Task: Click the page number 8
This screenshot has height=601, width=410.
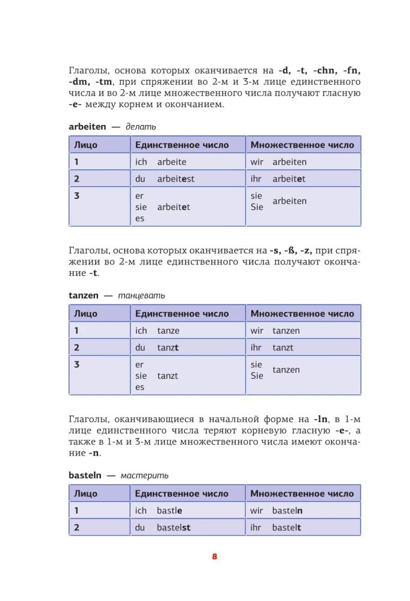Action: pos(214,556)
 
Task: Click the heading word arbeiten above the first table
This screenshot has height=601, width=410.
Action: pos(87,127)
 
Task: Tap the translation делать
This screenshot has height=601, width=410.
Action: pos(141,127)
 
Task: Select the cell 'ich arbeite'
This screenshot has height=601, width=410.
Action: pos(188,162)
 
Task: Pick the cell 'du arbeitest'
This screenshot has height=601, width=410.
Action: pos(188,178)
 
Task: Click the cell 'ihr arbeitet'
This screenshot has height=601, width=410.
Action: pos(303,178)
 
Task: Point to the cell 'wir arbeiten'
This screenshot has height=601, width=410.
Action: pos(303,162)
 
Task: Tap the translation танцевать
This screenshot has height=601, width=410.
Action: pos(141,296)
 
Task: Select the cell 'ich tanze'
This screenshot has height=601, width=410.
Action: pos(188,331)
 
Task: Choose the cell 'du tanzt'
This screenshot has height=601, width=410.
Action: pos(188,347)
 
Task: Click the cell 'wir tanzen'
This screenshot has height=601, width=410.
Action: pos(303,331)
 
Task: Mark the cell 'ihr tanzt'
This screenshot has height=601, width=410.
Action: pos(303,347)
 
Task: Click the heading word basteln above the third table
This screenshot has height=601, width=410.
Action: pos(85,475)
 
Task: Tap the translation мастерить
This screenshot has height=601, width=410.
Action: pos(144,475)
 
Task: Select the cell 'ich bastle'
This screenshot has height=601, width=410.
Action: pos(188,511)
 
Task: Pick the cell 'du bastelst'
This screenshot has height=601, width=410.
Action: pos(188,528)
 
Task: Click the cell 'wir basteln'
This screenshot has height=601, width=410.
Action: pos(303,511)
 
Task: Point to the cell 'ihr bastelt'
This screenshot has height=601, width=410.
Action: pos(303,528)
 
